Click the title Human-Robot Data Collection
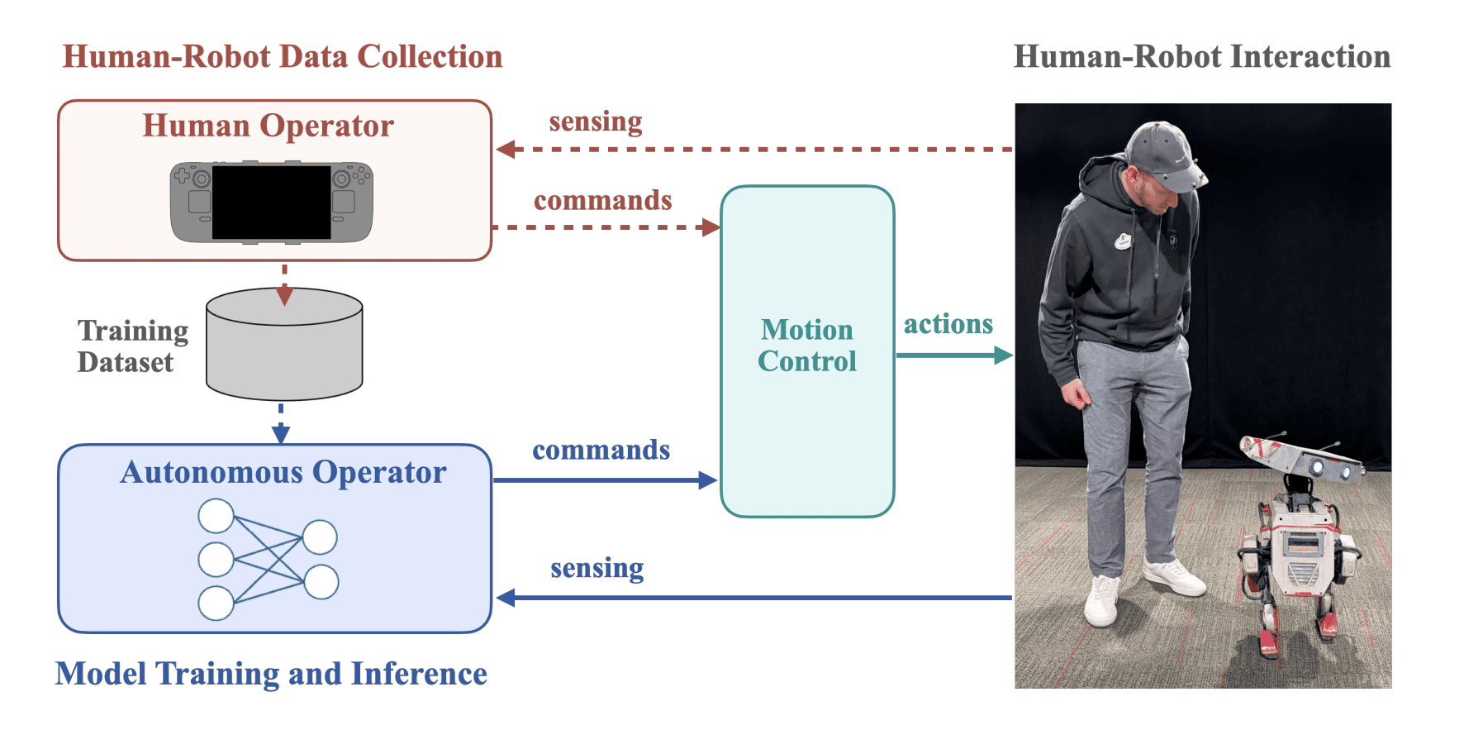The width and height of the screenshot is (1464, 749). tap(283, 57)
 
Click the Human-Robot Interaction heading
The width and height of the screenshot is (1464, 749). tap(1201, 57)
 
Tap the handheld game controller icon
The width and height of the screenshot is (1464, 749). tap(271, 203)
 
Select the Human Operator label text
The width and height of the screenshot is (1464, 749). tap(268, 126)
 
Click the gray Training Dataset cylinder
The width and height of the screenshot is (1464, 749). tap(284, 347)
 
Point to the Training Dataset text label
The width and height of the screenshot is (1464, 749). tap(132, 346)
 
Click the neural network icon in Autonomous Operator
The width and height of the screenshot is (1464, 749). tap(268, 560)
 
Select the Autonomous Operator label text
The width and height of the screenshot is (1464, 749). tap(283, 472)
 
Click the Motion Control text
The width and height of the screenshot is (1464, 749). tap(807, 346)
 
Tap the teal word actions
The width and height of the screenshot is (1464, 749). tap(948, 324)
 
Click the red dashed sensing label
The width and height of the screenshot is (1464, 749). tap(595, 122)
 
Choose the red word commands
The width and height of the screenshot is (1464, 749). tap(602, 201)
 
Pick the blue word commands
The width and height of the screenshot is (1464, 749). tap(601, 450)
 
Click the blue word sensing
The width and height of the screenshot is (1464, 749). tap(597, 568)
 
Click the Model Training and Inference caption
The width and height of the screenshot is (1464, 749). tap(271, 674)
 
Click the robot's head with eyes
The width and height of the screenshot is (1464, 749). tap(1301, 459)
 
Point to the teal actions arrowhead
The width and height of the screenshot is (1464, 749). tap(1003, 355)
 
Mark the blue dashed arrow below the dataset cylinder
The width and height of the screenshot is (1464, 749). tap(281, 423)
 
